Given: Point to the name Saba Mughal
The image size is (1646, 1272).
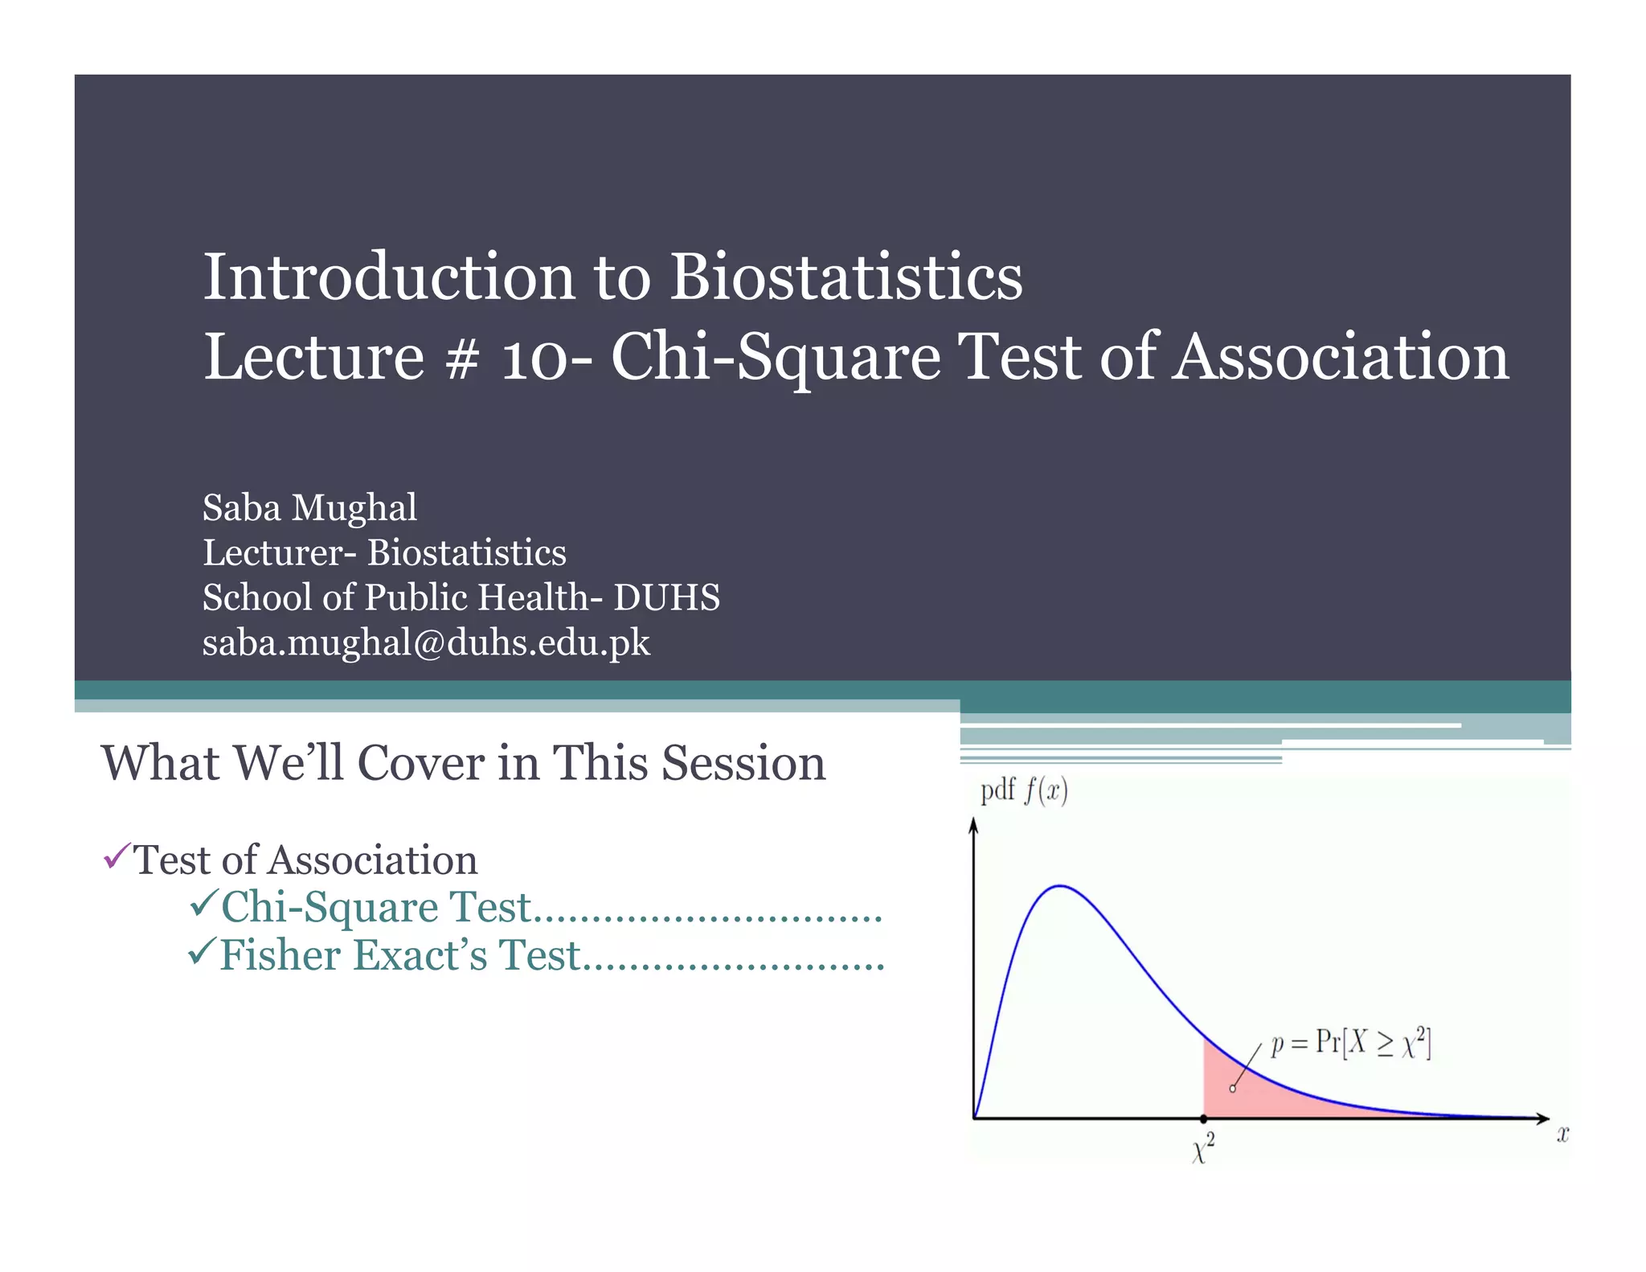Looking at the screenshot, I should coord(309,508).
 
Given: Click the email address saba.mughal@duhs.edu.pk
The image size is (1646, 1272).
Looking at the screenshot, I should coord(426,643).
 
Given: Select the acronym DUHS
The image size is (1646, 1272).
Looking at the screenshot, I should coord(666,597).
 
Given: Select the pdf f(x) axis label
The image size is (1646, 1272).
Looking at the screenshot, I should coord(1023,791).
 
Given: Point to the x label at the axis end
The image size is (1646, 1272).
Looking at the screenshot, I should coord(1562,1135).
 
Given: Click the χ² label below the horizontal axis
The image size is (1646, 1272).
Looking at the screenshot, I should coord(1202,1148).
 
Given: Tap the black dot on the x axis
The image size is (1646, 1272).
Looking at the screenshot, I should coord(1203,1118).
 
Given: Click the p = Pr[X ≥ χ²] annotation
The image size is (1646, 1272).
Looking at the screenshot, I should coord(1350,1044).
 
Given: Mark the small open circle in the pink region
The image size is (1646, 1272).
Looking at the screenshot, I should coord(1233,1089).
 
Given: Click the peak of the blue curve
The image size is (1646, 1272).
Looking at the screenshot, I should coord(1061,886).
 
